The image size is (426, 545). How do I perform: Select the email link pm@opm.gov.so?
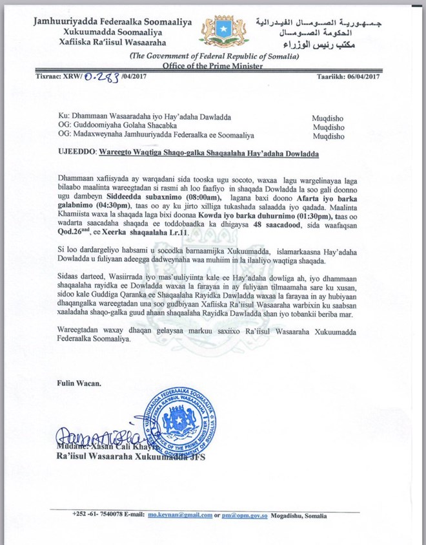[x=249, y=515]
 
